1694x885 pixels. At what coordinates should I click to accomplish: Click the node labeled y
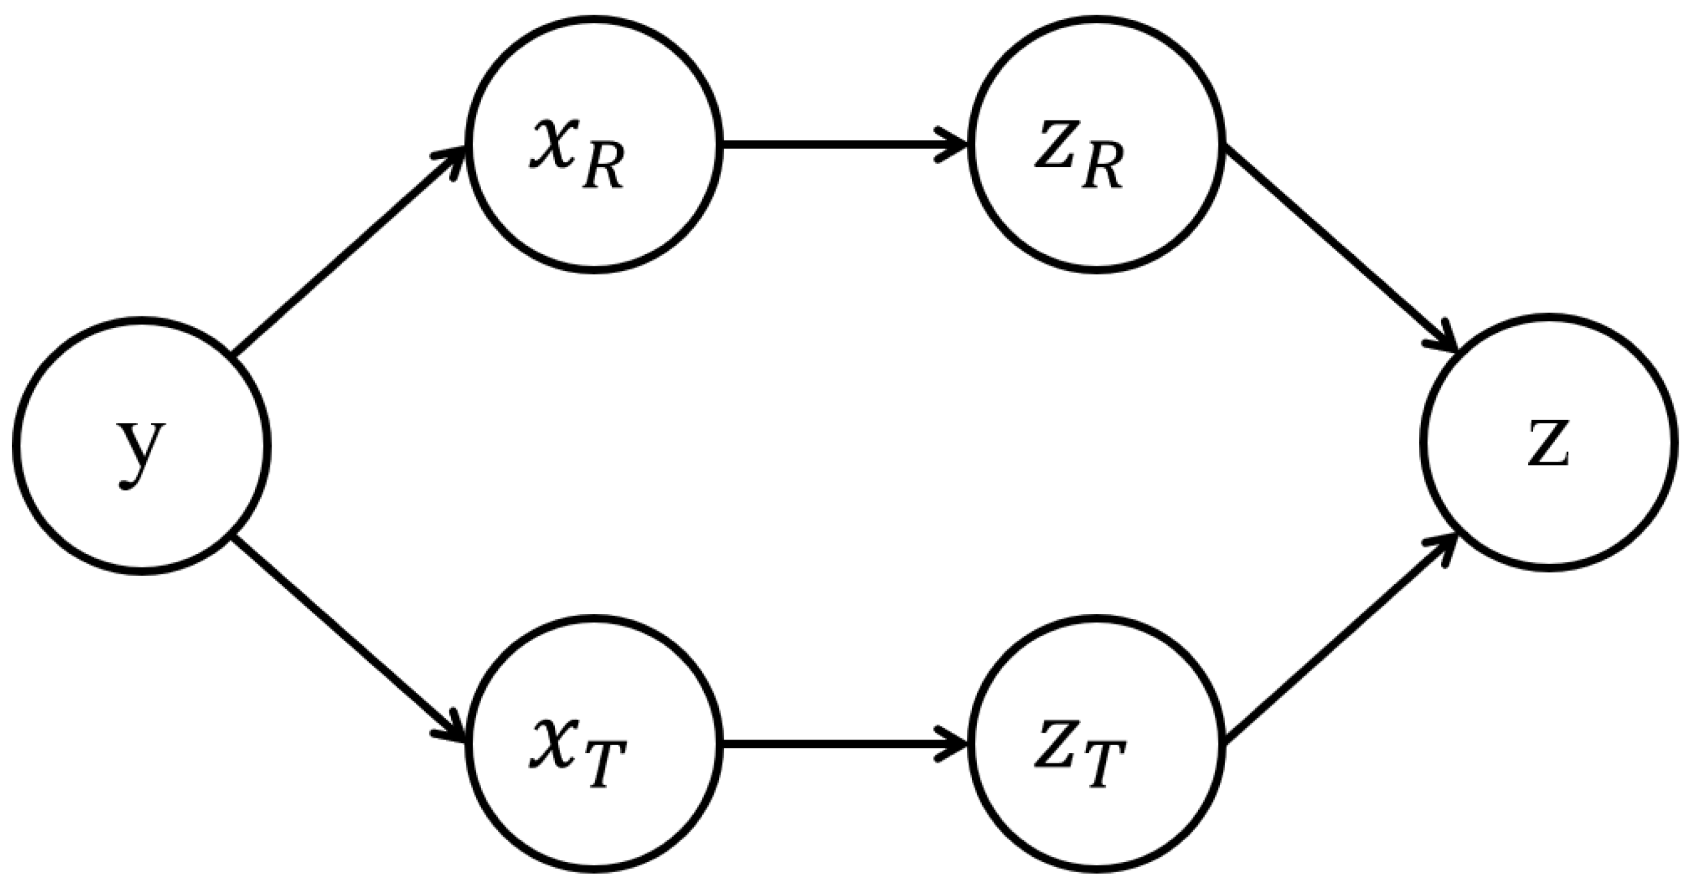tap(142, 446)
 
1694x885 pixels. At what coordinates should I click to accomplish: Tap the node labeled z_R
tap(1096, 144)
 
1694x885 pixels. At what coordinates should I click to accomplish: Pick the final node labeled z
tap(1548, 442)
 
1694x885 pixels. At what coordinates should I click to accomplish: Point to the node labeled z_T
tap(1096, 743)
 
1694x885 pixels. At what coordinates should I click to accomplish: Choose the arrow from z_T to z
tap(1342, 641)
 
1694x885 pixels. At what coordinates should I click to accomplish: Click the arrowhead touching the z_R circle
tap(955, 144)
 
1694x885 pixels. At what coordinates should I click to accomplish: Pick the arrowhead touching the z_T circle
tap(955, 744)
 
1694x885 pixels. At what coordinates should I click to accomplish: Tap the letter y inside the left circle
tap(140, 452)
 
